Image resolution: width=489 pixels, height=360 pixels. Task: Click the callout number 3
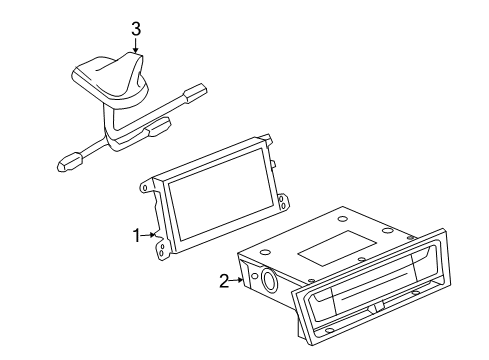(x=136, y=29)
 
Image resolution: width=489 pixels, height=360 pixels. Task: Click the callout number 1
(x=136, y=236)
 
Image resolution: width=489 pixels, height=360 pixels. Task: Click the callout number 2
(x=224, y=281)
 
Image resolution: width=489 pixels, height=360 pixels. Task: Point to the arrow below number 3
(x=135, y=45)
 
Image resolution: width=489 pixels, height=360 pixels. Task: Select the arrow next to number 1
(x=148, y=235)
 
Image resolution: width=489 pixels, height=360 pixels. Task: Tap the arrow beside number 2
(x=237, y=280)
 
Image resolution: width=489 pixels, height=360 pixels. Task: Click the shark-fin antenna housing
(x=110, y=77)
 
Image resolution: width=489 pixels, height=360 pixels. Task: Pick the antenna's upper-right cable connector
(x=196, y=91)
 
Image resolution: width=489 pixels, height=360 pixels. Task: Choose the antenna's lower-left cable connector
(x=70, y=161)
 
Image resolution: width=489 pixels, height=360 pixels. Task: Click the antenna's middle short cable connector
(x=158, y=127)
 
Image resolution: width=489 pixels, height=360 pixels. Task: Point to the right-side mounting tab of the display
(x=282, y=202)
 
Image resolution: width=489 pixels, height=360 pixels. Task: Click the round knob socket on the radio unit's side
(x=269, y=279)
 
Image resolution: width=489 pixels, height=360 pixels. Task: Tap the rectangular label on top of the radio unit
(x=337, y=248)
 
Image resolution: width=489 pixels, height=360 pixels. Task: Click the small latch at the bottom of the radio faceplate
(x=376, y=309)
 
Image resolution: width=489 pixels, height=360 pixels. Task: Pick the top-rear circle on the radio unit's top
(x=342, y=219)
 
